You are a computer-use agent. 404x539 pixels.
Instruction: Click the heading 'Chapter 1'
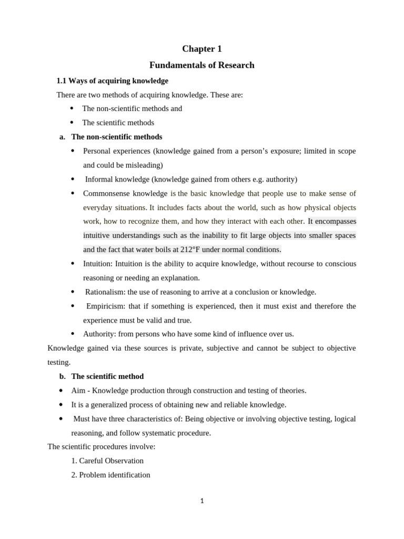point(202,49)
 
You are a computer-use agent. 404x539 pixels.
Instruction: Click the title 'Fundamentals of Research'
point(202,65)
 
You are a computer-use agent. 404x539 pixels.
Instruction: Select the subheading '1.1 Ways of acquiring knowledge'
point(112,81)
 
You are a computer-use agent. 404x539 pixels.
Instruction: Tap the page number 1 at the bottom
point(202,501)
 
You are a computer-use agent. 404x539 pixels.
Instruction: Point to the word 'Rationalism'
point(105,292)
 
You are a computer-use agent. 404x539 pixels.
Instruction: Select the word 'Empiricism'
point(105,306)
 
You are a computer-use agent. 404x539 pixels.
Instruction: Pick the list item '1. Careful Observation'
point(107,461)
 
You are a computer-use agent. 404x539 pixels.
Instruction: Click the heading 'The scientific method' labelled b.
point(107,376)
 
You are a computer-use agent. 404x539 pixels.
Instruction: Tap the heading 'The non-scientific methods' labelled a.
point(117,137)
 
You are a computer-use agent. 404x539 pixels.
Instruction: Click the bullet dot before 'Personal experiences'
point(73,151)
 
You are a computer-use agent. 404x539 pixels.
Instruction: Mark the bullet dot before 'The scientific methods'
point(72,123)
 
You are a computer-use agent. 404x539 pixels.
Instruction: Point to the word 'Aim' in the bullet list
point(78,391)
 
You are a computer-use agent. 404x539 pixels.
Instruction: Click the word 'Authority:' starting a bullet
point(99,334)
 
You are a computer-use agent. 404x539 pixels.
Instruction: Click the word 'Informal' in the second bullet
point(99,179)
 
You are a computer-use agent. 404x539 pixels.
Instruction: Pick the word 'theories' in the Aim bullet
point(291,391)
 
